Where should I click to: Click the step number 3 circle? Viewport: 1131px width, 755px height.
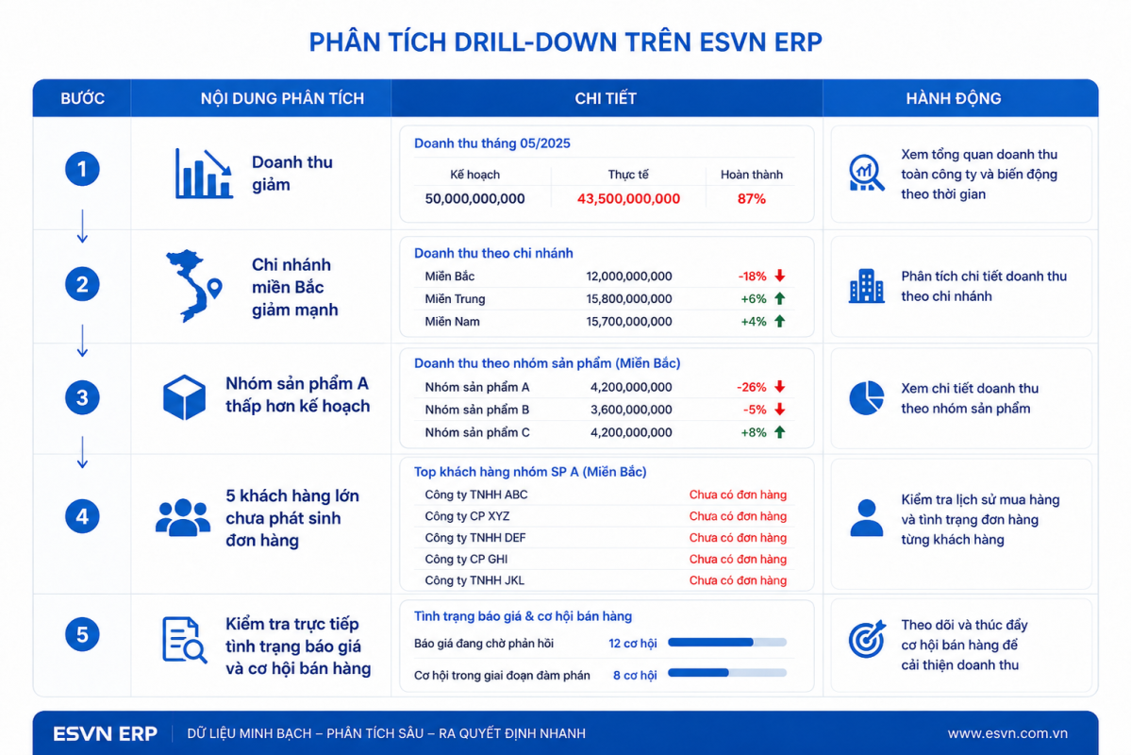(82, 397)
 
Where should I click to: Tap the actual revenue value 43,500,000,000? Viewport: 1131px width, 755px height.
(628, 198)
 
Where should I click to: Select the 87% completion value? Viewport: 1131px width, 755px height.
(751, 198)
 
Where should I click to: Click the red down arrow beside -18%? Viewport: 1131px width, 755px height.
(780, 276)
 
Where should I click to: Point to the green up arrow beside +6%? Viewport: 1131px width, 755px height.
(780, 298)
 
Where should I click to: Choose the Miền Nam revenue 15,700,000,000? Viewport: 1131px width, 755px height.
(629, 321)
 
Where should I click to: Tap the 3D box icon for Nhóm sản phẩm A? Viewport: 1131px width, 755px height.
(184, 397)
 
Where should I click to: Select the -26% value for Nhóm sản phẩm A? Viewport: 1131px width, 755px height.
(751, 387)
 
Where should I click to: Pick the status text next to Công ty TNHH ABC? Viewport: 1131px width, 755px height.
(737, 495)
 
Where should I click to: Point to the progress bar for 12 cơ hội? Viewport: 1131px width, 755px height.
(727, 642)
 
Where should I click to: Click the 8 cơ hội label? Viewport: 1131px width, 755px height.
(635, 675)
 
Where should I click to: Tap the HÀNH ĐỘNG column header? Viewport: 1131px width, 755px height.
(954, 98)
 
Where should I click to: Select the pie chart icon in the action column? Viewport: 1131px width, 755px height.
(866, 397)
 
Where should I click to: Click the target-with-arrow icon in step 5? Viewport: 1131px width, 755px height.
(866, 639)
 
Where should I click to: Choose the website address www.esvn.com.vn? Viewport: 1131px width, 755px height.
(1007, 733)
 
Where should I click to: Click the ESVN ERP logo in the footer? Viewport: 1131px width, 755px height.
(106, 733)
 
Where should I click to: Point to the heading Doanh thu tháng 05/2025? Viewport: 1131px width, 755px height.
(492, 143)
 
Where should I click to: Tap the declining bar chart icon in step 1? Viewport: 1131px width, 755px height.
(204, 174)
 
